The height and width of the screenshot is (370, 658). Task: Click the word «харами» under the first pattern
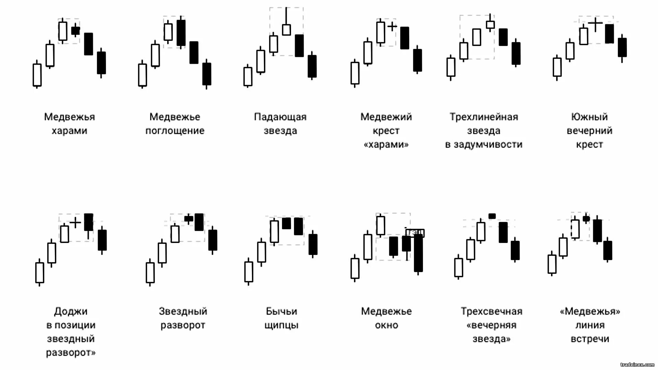(69, 131)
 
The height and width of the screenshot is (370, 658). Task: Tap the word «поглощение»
(175, 131)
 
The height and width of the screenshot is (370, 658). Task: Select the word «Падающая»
(280, 117)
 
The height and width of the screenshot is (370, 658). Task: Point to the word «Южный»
(589, 117)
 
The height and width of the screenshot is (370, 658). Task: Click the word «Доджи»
(71, 311)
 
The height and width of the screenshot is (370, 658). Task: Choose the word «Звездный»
(183, 311)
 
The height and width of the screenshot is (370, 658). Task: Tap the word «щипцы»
(281, 325)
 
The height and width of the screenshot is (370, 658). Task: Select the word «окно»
(386, 325)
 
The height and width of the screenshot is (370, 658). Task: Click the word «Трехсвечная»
(491, 311)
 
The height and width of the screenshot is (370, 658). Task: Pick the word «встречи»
(589, 339)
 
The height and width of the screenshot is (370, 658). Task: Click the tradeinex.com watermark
(637, 365)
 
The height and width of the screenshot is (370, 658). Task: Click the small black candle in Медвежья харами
(75, 31)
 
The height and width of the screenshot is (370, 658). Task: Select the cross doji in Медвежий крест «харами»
(392, 26)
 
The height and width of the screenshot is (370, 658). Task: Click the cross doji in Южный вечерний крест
(595, 23)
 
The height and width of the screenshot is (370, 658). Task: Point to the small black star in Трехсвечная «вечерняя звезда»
(492, 216)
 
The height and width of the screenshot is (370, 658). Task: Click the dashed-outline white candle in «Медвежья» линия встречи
(575, 229)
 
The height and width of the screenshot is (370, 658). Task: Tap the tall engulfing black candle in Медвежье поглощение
(181, 33)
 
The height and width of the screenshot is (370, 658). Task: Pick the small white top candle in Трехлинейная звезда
(490, 25)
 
